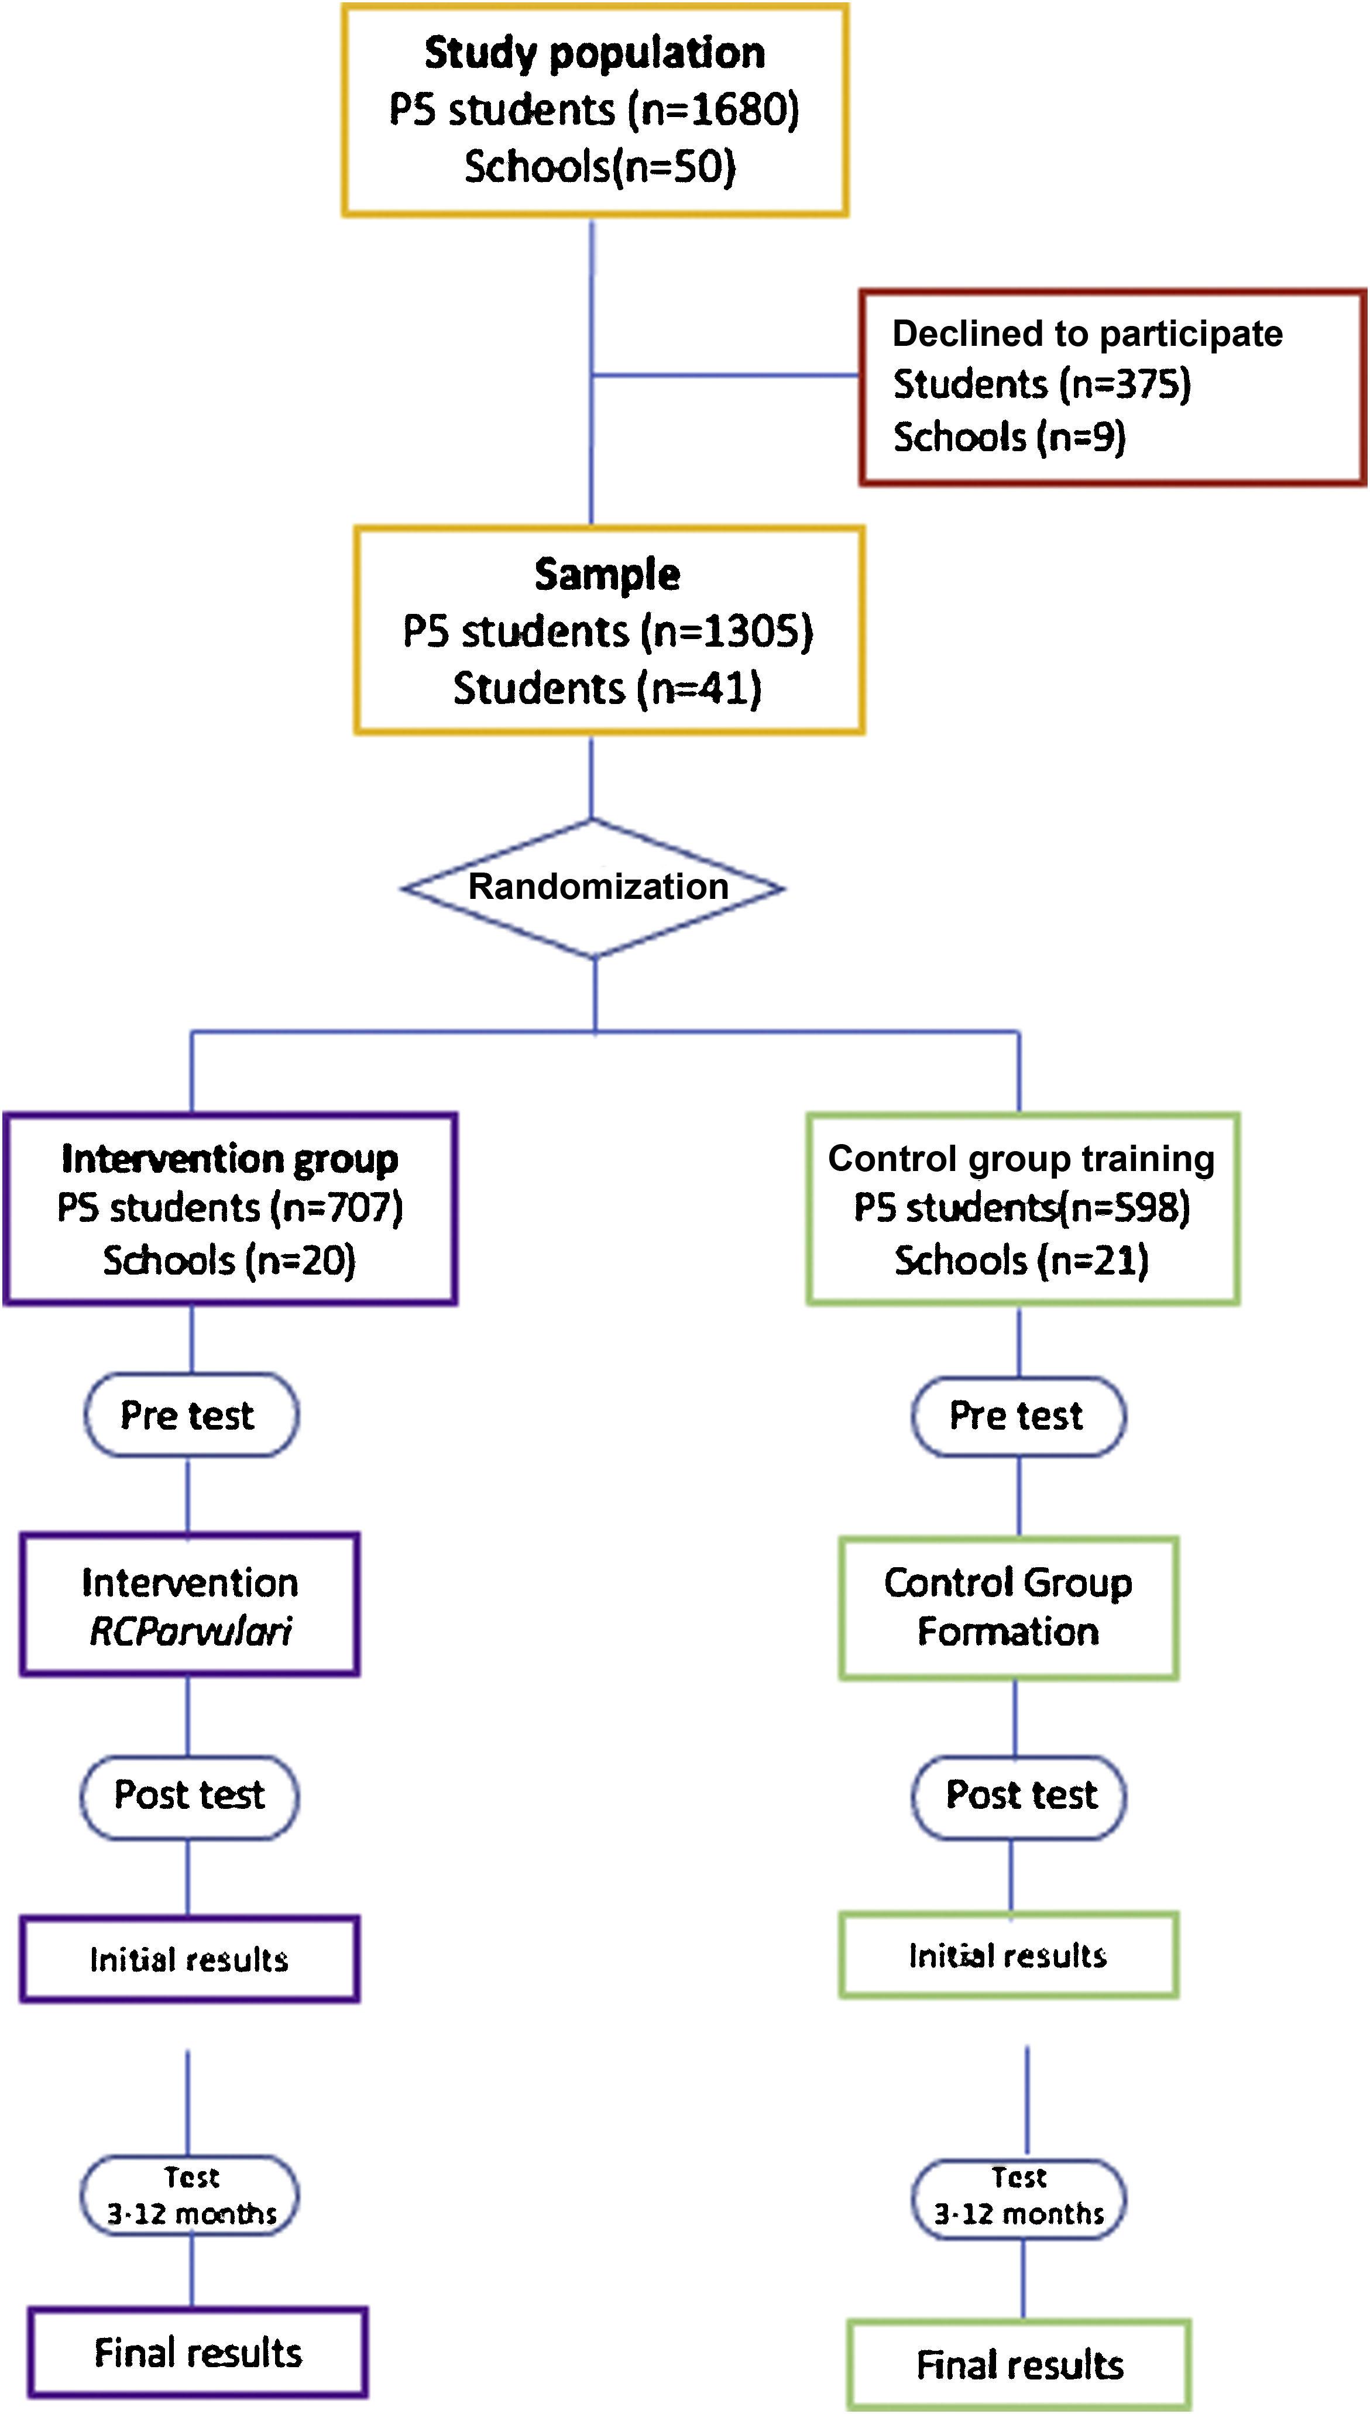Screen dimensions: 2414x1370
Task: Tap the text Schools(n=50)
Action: [599, 167]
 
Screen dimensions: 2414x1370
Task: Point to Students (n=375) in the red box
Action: [1042, 384]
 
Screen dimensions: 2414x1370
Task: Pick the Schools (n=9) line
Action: [1009, 437]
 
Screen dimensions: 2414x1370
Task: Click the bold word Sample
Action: [607, 575]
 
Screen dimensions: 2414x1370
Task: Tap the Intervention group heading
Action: [229, 1159]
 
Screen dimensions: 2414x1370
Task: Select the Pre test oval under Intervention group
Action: [191, 1415]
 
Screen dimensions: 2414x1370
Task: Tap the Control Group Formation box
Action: [1008, 1607]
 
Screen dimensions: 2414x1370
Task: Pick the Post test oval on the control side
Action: [1019, 1795]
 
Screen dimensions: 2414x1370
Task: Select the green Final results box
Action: [1019, 2364]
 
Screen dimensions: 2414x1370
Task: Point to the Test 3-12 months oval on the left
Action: [190, 2196]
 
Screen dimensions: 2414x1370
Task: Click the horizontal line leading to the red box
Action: [725, 376]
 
